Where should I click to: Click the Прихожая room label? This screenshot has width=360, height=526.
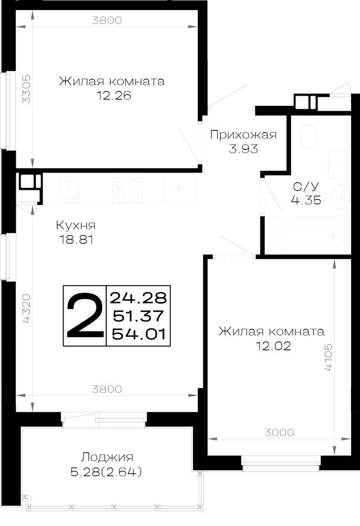click(243, 135)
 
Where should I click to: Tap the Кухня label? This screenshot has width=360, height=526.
click(76, 225)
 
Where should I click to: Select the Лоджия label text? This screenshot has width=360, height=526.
click(107, 457)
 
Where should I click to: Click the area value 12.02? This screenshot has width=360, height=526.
click(273, 346)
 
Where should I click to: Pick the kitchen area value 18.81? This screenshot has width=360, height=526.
click(76, 239)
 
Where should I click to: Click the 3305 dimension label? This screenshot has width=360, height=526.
click(26, 89)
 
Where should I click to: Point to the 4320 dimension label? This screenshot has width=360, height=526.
click(26, 309)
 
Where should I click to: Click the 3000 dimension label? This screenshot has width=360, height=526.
click(279, 432)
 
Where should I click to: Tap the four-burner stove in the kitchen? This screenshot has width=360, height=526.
click(127, 189)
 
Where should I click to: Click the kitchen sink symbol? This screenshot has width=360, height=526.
click(70, 187)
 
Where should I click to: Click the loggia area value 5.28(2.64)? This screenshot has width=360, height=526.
click(106, 472)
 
